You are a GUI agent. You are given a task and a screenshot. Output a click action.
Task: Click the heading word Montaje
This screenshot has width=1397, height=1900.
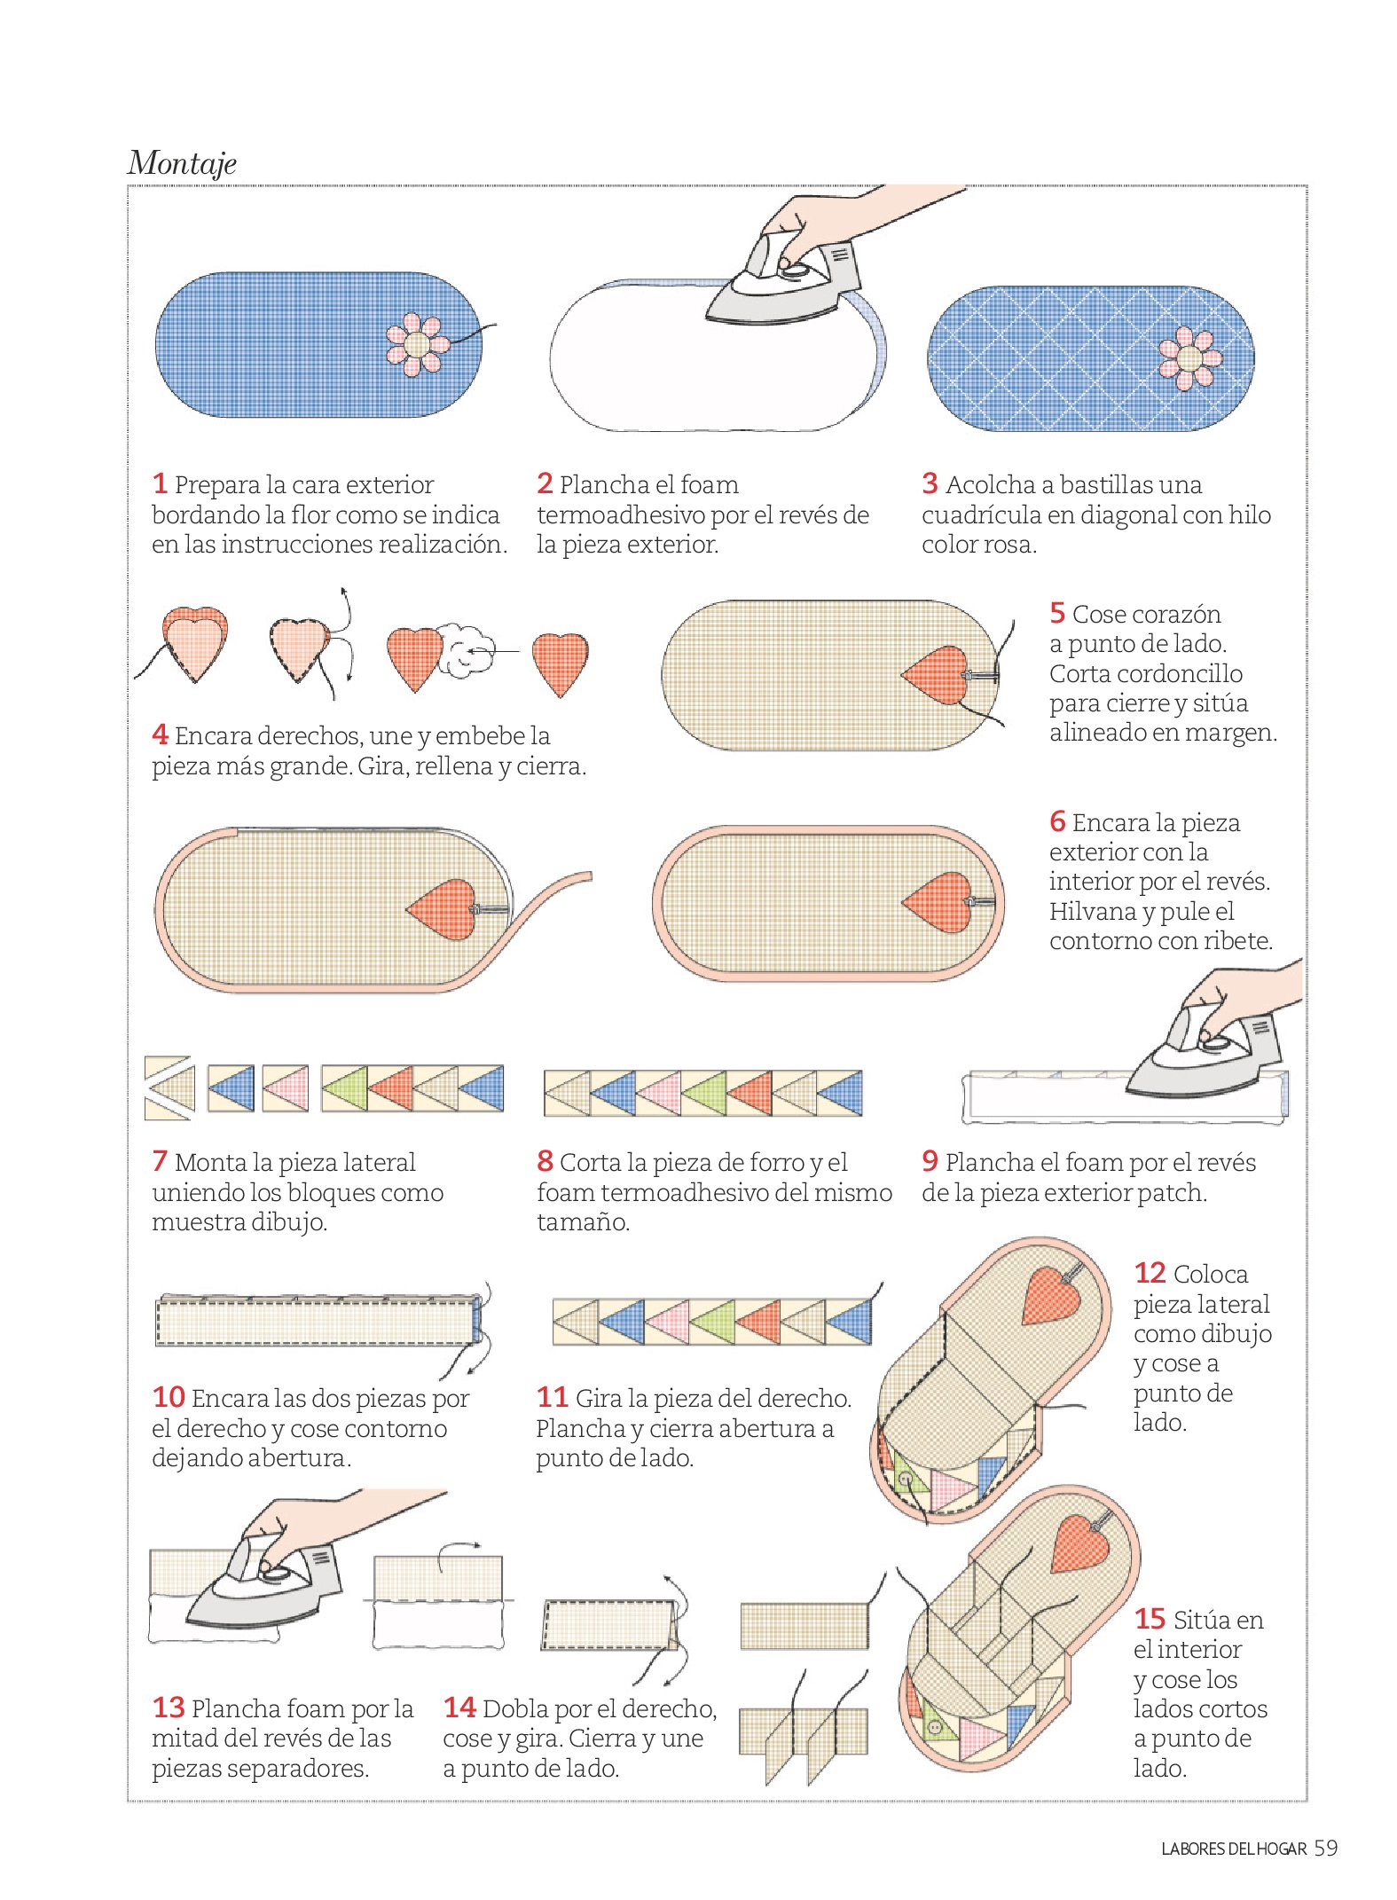point(182,163)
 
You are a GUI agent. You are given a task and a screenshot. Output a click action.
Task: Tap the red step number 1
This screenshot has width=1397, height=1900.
point(160,483)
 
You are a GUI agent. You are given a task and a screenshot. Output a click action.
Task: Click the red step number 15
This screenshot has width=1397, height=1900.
point(1150,1619)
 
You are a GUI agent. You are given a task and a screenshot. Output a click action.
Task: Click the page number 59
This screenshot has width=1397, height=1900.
point(1325,1849)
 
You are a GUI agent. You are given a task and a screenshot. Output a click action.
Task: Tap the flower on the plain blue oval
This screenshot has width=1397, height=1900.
point(417,344)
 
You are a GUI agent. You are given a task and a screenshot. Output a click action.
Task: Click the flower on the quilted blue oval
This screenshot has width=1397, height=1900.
point(1189,358)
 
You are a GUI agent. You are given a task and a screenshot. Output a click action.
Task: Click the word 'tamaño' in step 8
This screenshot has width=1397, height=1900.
point(583,1222)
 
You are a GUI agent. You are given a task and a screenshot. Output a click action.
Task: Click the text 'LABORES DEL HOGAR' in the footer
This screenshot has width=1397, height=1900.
point(1233,1849)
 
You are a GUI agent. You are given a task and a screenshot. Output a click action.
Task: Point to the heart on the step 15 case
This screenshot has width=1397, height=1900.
point(1079,1543)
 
